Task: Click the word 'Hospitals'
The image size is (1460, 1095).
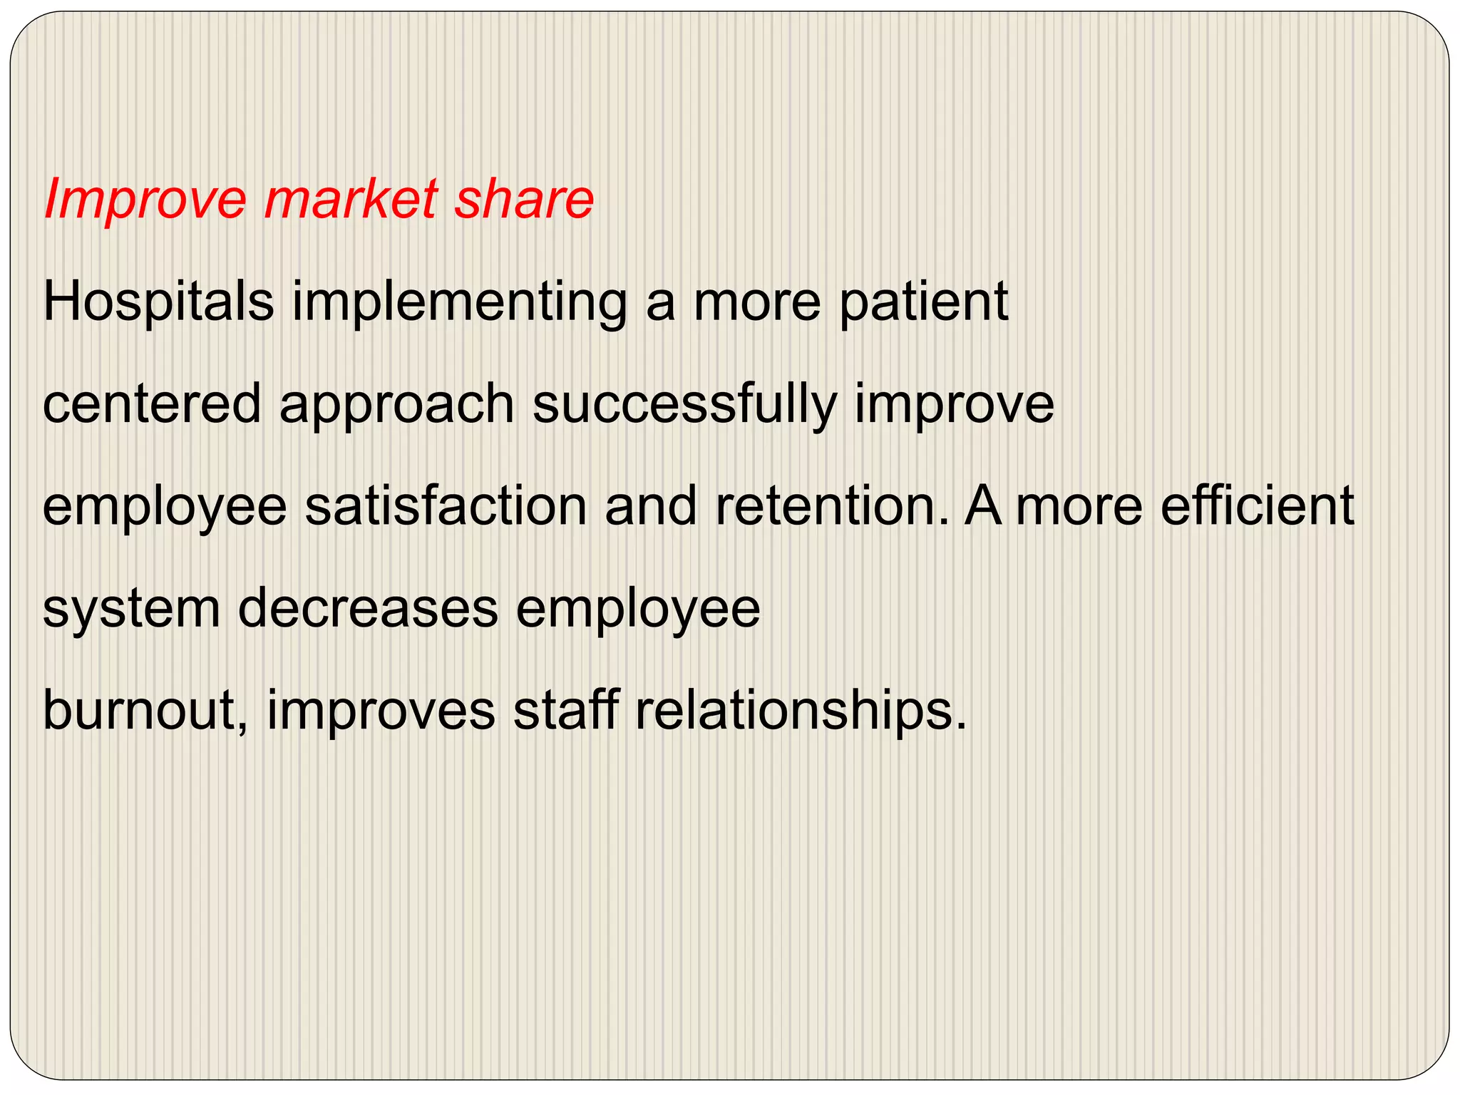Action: point(158,302)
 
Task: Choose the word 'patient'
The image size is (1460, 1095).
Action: point(923,302)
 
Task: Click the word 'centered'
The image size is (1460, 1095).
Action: point(152,404)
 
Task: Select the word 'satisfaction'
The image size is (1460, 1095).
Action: point(446,506)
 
